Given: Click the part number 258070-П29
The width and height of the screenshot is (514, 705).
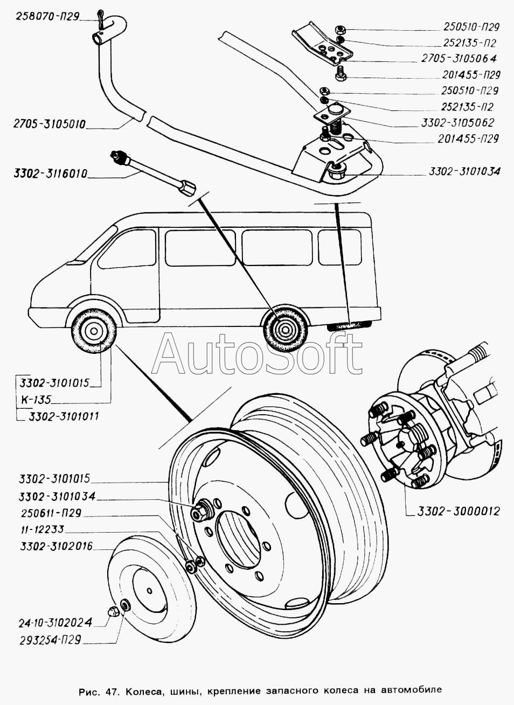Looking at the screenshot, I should click(40, 17).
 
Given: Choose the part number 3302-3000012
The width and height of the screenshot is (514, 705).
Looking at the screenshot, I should click(458, 511).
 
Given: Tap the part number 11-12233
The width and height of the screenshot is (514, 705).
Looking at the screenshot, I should click(43, 529).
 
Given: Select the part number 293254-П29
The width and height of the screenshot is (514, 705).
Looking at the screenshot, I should click(49, 640).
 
